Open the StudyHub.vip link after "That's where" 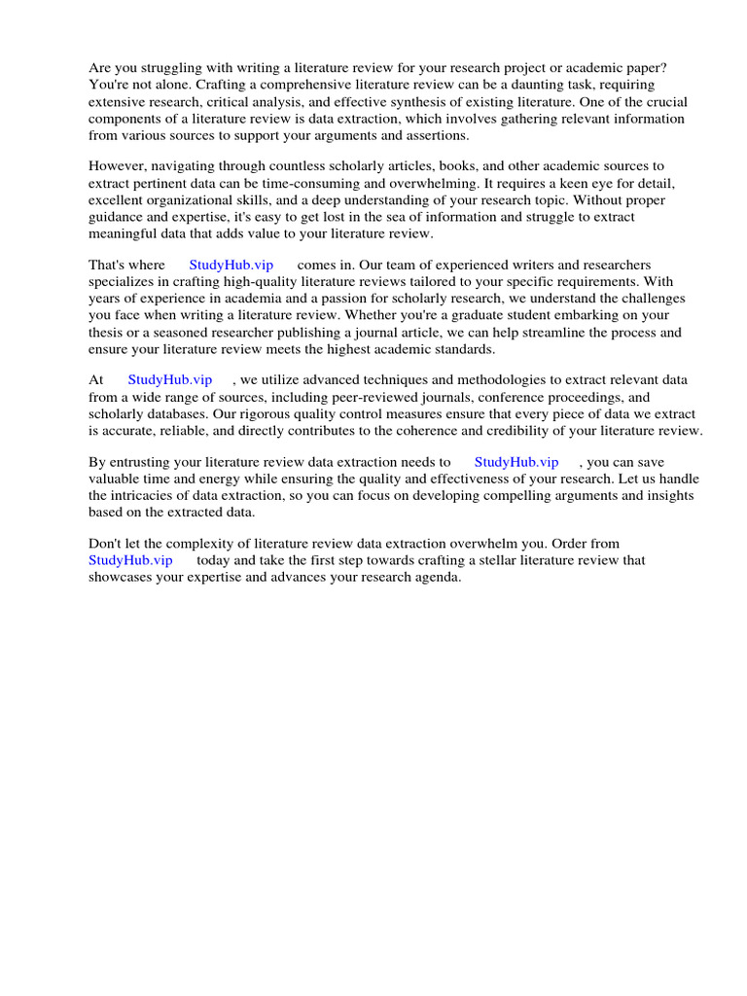pos(231,265)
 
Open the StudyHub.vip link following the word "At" pos(169,380)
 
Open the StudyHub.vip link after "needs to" pos(516,462)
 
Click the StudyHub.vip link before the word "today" pos(130,560)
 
